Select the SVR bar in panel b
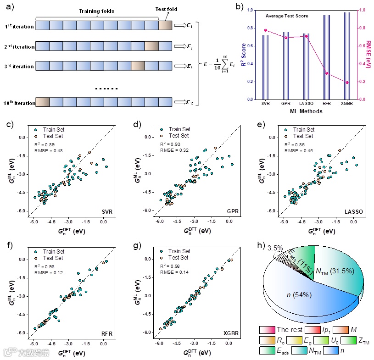(x=265, y=67)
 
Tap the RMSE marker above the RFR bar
(x=327, y=73)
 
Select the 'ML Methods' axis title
(x=306, y=111)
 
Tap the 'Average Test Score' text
(x=287, y=16)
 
